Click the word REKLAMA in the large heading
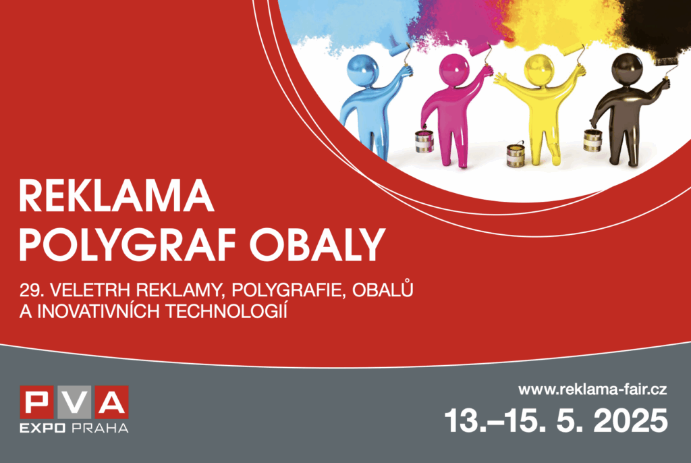116,196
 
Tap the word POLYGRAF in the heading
127,245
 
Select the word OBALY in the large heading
317,245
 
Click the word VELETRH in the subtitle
91,290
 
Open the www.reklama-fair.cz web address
592,389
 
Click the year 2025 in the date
631,420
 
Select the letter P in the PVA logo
38,402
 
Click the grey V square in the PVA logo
74,402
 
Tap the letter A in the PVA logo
110,402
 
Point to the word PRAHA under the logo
100,428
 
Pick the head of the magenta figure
454,70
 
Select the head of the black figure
627,70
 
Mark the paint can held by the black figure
592,140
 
